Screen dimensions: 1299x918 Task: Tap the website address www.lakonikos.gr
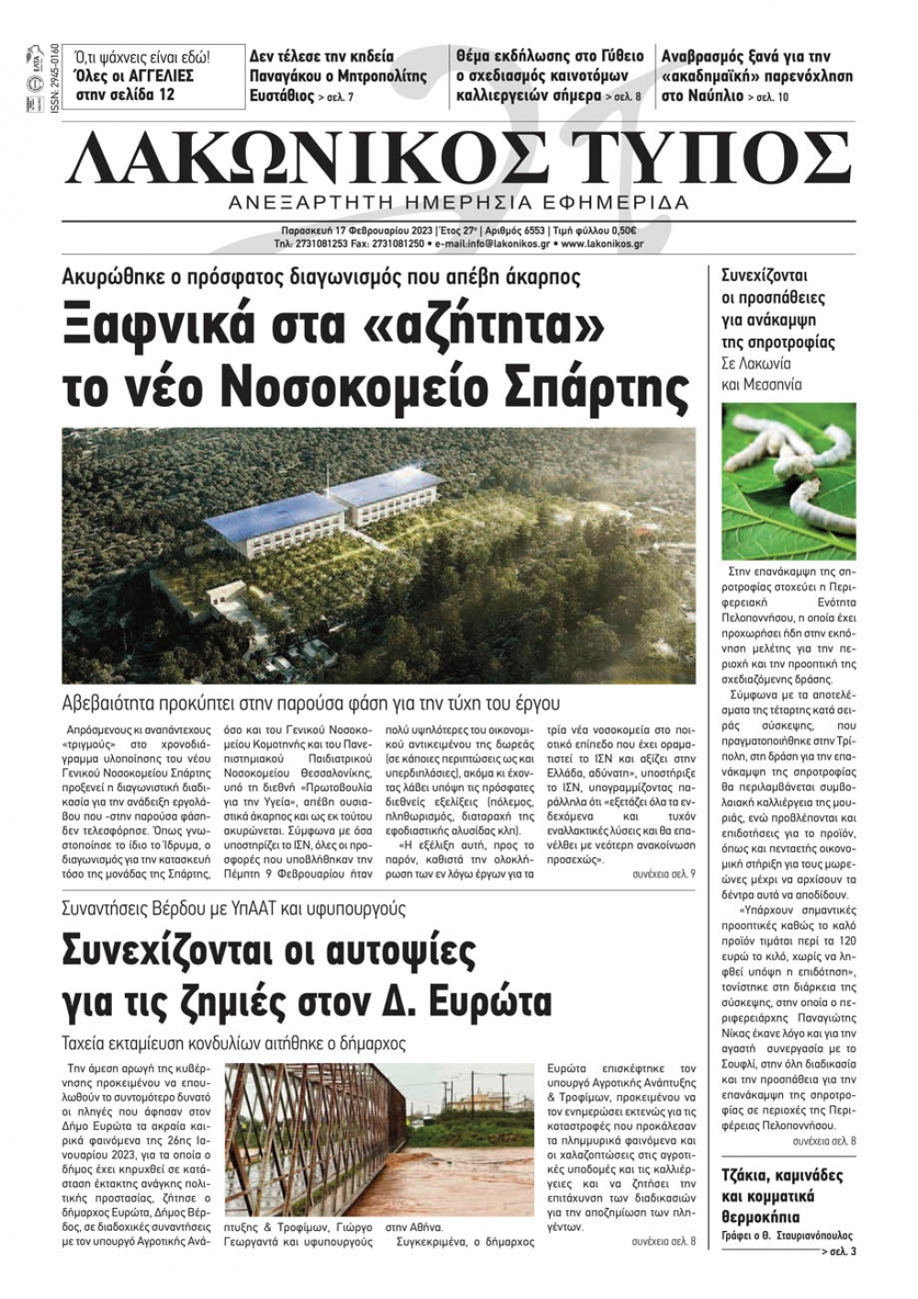click(x=601, y=244)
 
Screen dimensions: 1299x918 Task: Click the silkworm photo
click(x=789, y=481)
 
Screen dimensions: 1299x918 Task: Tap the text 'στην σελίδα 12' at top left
click(x=125, y=95)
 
